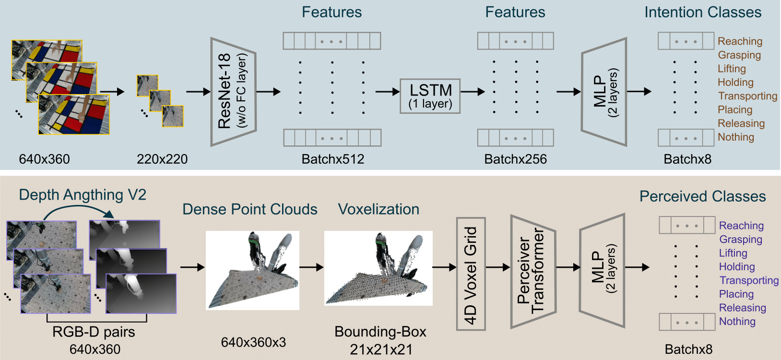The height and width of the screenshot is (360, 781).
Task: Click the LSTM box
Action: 430,96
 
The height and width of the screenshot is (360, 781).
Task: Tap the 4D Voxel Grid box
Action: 471,274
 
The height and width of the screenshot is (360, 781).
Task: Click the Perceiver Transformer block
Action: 533,272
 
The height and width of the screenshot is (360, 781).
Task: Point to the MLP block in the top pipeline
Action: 604,92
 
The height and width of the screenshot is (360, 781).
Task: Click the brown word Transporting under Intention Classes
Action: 747,96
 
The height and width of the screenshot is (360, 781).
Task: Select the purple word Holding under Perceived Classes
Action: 737,267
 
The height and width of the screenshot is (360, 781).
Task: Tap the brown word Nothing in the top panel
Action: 736,137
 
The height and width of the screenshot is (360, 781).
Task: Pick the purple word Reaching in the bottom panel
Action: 741,226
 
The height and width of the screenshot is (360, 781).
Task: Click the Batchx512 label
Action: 332,159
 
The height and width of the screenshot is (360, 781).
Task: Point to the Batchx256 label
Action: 515,159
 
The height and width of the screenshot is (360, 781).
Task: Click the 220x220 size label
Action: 162,159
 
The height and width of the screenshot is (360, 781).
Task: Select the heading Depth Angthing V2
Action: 83,195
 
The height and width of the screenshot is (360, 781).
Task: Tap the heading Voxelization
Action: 379,209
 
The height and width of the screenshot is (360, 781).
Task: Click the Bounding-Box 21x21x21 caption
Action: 380,340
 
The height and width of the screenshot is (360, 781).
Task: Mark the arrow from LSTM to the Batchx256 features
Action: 473,92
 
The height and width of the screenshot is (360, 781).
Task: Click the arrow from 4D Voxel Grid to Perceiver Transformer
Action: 498,267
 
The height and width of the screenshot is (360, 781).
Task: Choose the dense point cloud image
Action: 252,270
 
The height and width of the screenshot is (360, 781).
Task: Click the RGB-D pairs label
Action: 94,332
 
